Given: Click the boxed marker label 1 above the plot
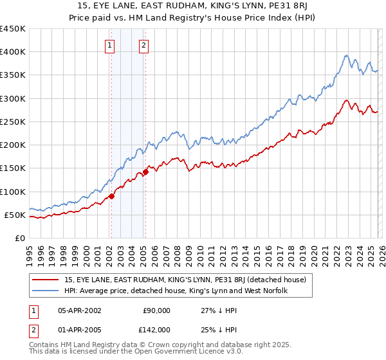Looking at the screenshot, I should tap(111, 45).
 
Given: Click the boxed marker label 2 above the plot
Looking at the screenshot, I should tap(144, 45).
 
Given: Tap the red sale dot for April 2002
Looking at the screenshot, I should tap(111, 196).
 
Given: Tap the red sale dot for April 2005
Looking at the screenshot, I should tap(145, 172).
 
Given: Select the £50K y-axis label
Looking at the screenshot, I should tap(15, 215).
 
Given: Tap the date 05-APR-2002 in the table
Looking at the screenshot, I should tap(79, 310).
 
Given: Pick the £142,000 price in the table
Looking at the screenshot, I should tap(156, 329).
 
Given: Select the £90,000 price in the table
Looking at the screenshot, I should tap(156, 310).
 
